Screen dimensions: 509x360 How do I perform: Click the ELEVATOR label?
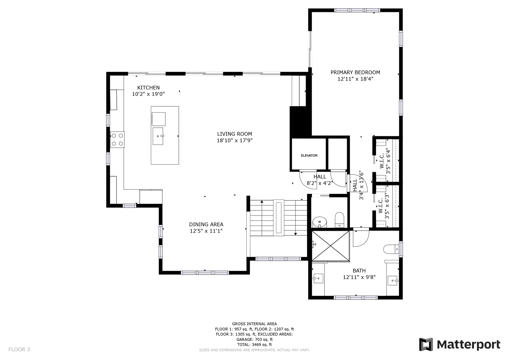(x=309, y=156)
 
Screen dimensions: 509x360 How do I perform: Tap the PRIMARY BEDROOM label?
(x=355, y=72)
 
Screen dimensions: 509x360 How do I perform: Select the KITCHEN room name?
(x=148, y=88)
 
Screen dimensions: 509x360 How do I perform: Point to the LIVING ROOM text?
(x=234, y=134)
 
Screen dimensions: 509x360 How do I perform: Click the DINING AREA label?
(x=206, y=224)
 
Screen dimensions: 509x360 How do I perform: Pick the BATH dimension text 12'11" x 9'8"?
(x=359, y=277)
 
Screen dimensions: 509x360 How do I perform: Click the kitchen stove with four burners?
(x=117, y=140)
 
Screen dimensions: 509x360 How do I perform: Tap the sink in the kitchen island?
(x=158, y=136)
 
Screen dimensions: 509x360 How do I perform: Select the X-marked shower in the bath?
(x=331, y=246)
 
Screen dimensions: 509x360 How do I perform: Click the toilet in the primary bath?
(x=391, y=249)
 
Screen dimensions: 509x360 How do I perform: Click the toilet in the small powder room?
(x=339, y=220)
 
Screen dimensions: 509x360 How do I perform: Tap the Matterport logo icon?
(x=426, y=344)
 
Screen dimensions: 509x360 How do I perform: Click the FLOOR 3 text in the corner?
(x=19, y=349)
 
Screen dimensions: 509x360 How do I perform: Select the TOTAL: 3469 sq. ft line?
(x=254, y=344)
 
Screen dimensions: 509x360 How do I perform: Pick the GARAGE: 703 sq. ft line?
(x=254, y=339)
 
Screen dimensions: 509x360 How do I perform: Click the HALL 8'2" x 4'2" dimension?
(x=320, y=183)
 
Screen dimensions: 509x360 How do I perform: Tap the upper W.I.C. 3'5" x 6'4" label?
(x=385, y=161)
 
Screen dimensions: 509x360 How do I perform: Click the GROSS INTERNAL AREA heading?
(x=254, y=324)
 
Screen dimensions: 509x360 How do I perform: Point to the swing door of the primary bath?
(x=361, y=238)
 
